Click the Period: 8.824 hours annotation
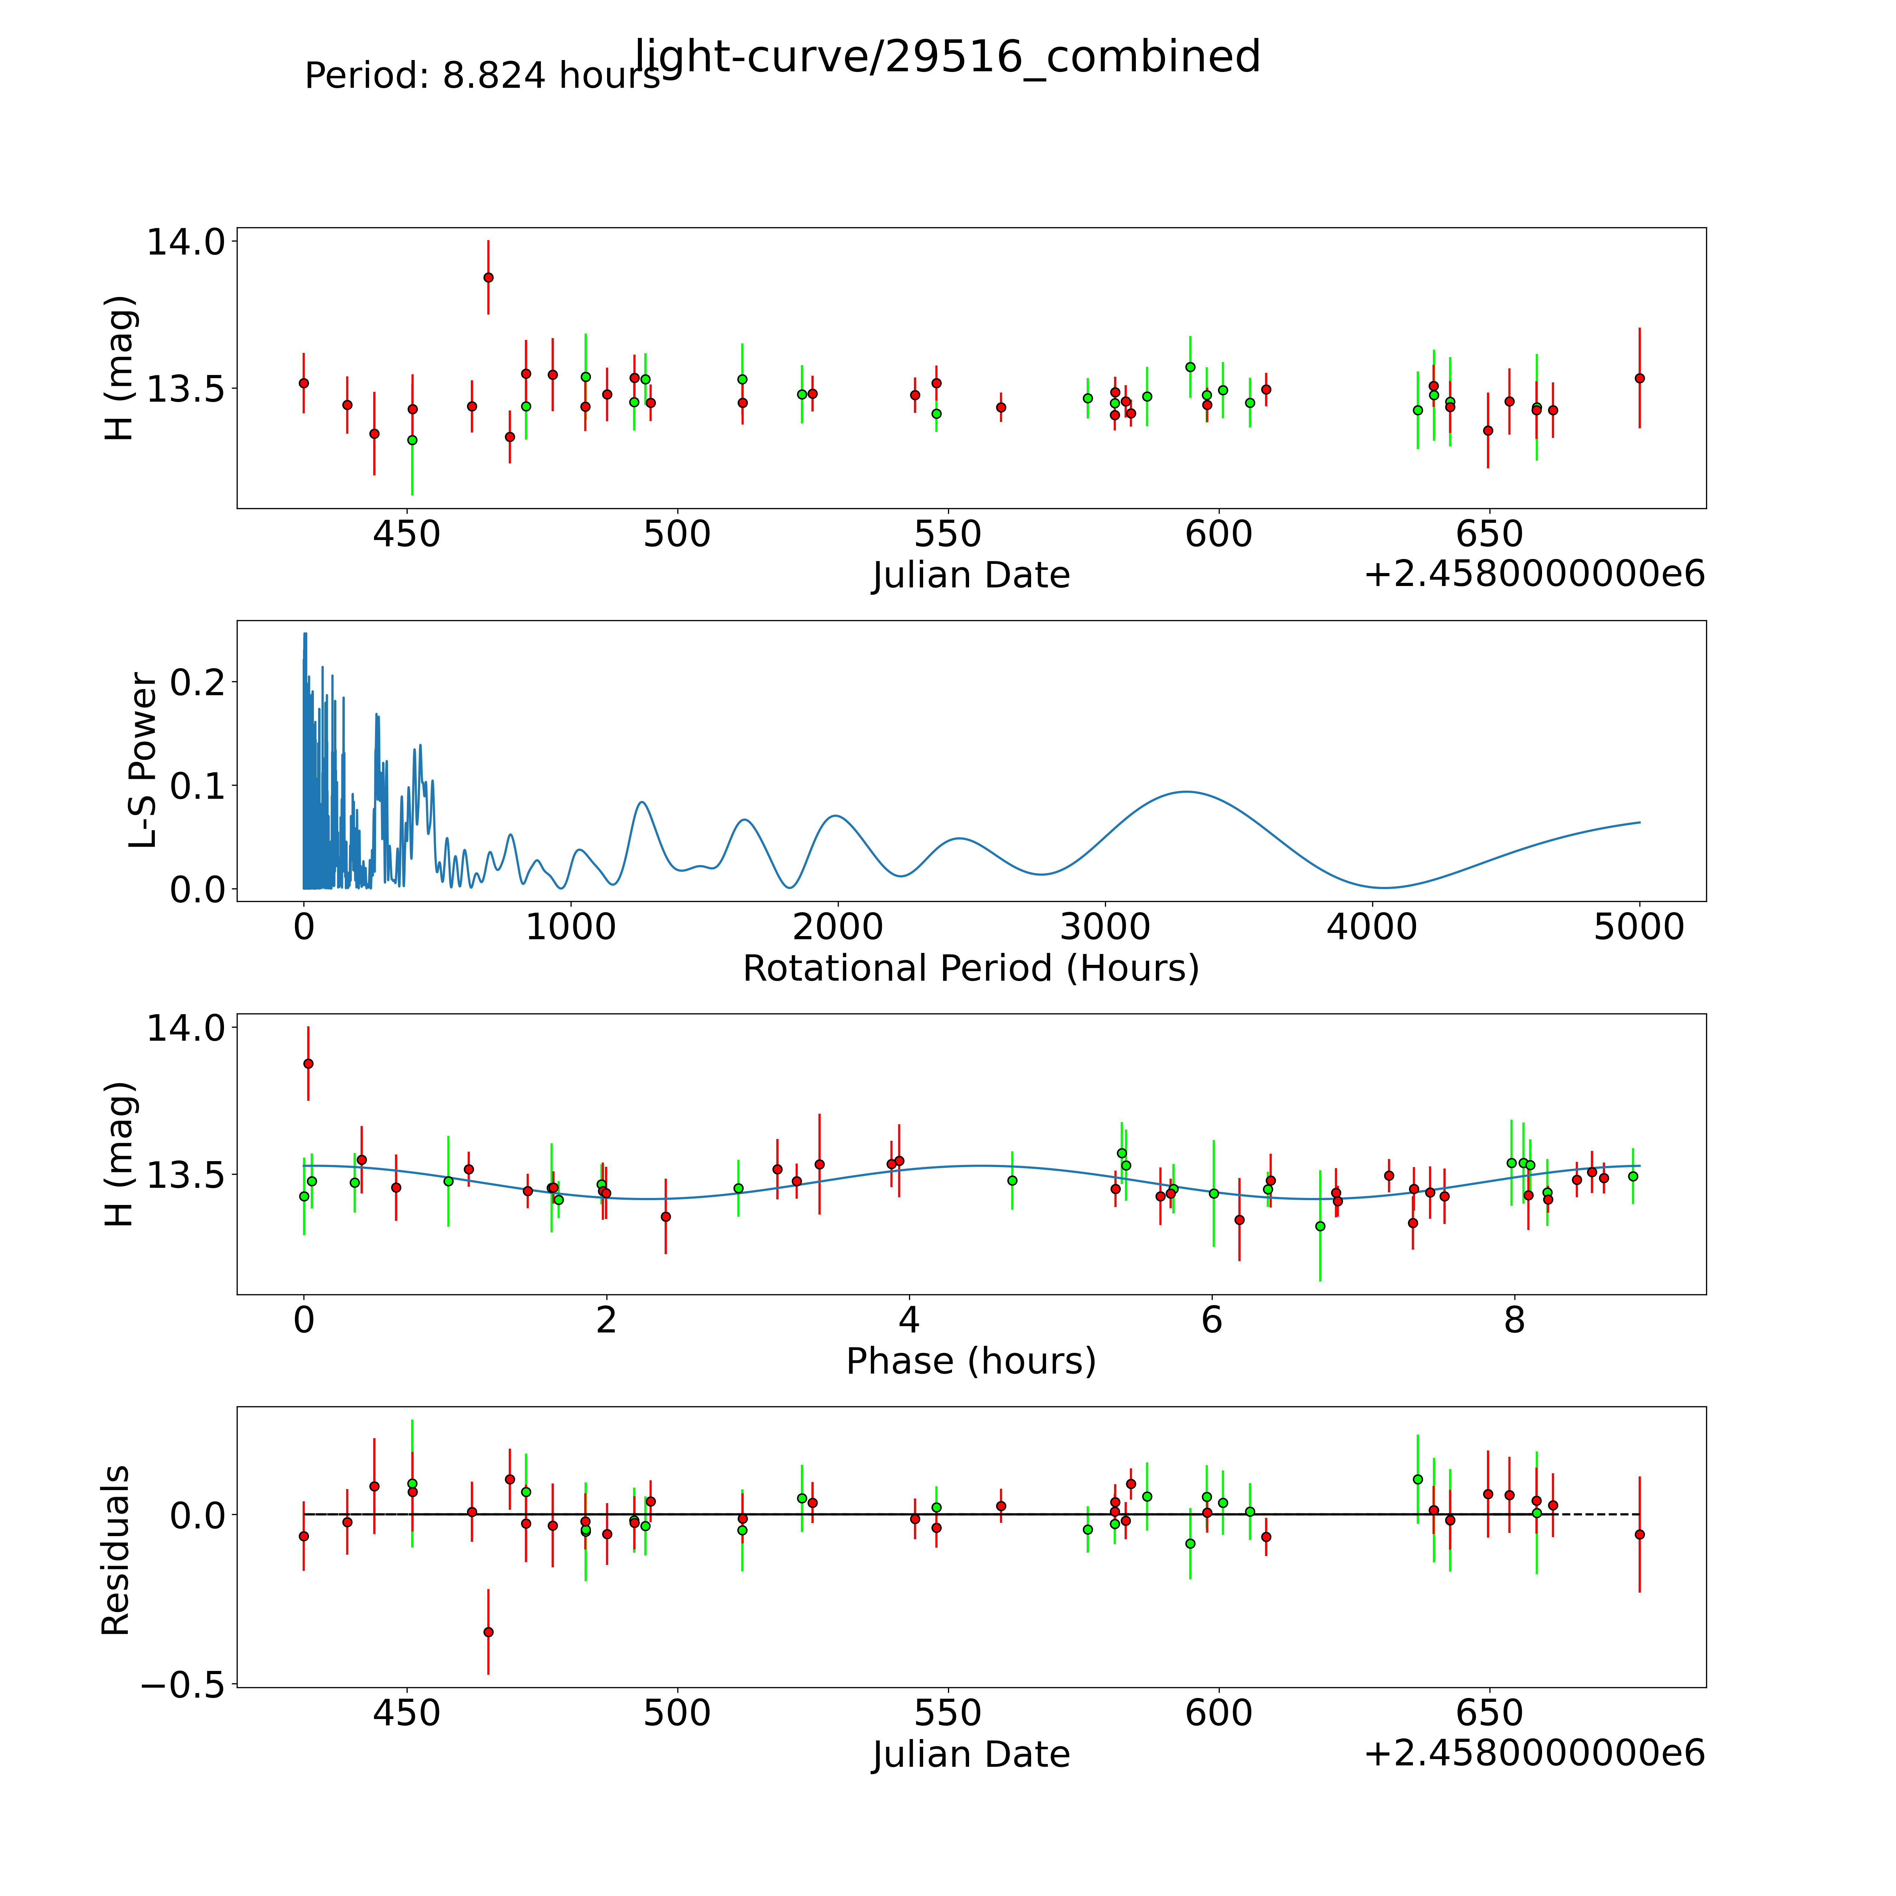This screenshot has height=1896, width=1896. click(x=482, y=75)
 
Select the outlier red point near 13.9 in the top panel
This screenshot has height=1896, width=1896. click(x=488, y=278)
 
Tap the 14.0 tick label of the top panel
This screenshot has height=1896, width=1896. click(x=185, y=242)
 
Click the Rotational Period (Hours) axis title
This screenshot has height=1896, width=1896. click(x=970, y=969)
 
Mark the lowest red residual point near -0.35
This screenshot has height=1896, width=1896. click(x=488, y=1632)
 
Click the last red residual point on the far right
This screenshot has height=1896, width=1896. click(x=1639, y=1534)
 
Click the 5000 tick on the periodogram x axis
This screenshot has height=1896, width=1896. click(x=1639, y=927)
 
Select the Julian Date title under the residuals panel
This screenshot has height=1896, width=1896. click(x=970, y=1754)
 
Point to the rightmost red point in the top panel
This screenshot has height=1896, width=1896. click(x=1639, y=378)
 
